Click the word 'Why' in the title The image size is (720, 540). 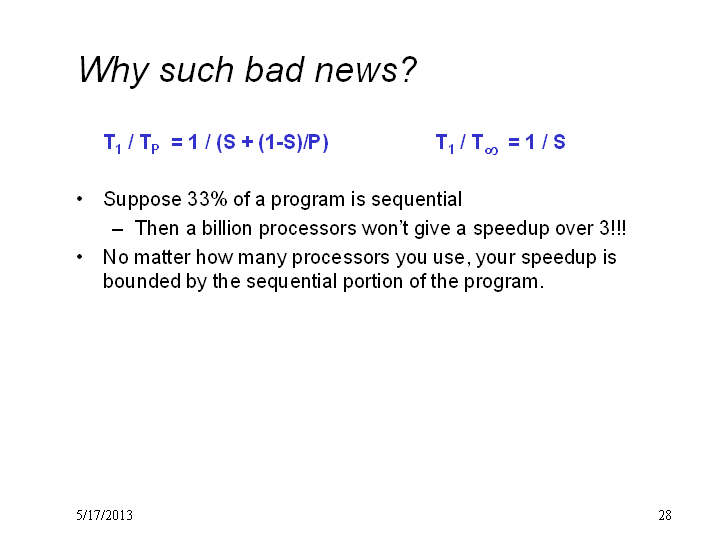113,71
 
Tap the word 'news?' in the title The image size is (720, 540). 365,69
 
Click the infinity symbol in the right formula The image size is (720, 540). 491,150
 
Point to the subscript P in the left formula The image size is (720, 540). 155,149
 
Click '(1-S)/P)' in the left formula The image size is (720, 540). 293,142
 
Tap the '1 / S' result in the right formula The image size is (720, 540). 545,142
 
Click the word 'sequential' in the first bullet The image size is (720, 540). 416,200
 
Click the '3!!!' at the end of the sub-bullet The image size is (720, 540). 613,228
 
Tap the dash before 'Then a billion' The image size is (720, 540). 118,230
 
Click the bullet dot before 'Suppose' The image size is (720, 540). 79,199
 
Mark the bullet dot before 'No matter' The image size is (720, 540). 79,257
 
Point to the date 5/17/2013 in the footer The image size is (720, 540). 105,515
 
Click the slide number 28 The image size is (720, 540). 665,515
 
